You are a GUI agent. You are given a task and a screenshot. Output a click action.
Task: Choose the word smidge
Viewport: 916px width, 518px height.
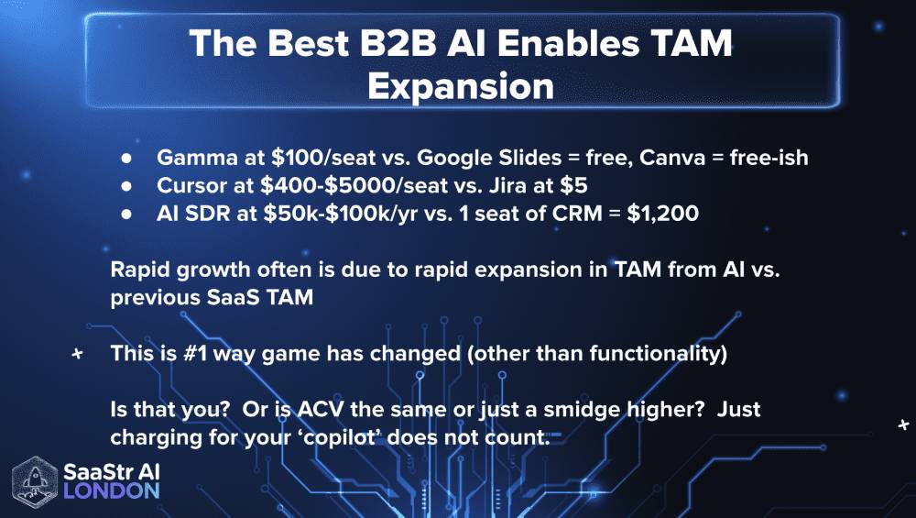563,408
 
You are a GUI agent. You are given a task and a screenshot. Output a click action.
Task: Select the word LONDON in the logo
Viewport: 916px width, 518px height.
111,492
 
